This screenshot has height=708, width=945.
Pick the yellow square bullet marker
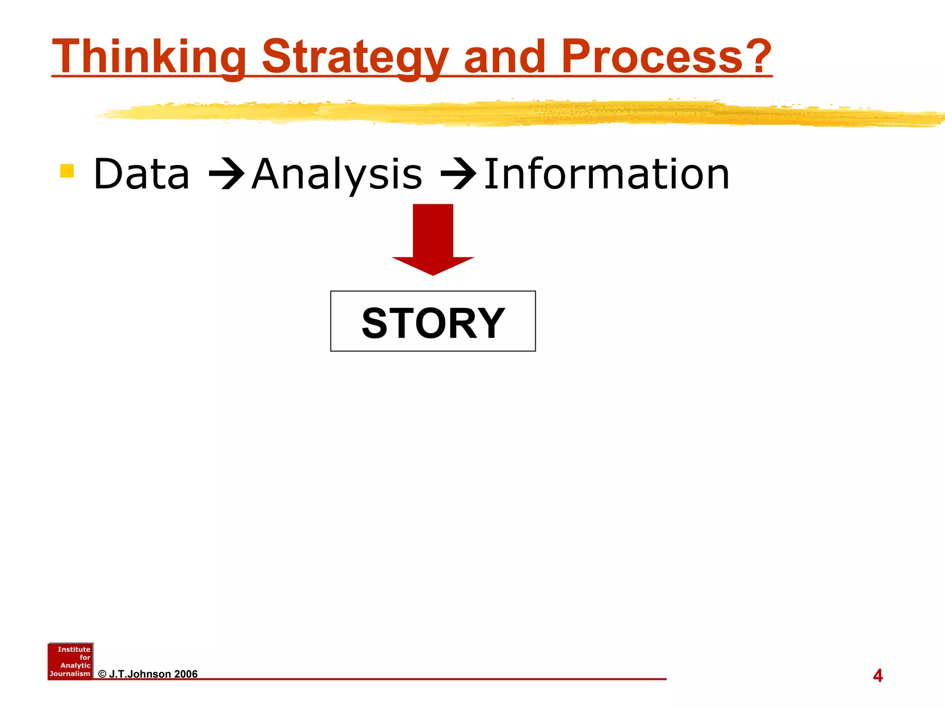pyautogui.click(x=67, y=171)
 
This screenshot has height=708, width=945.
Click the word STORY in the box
pyautogui.click(x=433, y=323)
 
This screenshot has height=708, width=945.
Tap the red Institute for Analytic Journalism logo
pyautogui.click(x=70, y=661)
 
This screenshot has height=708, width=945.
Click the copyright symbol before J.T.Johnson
pyautogui.click(x=102, y=674)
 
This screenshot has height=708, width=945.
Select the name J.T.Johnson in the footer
pyautogui.click(x=140, y=674)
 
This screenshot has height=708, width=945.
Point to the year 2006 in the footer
pyautogui.click(x=186, y=674)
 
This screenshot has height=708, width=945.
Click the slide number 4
pyautogui.click(x=878, y=676)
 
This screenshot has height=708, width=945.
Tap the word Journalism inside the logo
pyautogui.click(x=70, y=673)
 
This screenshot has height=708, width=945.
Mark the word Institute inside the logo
pyautogui.click(x=74, y=649)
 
